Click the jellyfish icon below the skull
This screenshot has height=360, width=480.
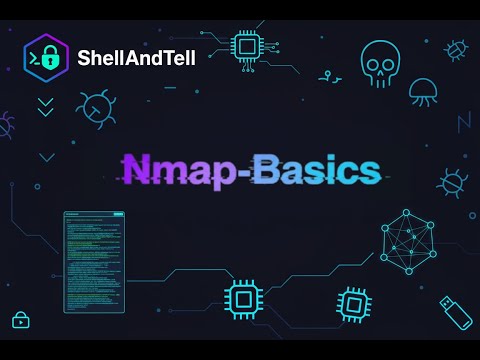coord(423,91)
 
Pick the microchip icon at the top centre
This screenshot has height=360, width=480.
coord(247,46)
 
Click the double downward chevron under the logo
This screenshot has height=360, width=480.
coord(45,107)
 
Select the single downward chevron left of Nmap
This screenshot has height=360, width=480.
coord(46,157)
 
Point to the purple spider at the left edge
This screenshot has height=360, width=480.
coord(5,125)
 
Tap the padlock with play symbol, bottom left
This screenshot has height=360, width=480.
coord(20,320)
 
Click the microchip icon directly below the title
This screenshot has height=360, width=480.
coord(241,298)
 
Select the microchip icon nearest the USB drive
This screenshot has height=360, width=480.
coord(352,302)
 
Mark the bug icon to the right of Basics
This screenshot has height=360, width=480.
coord(452,182)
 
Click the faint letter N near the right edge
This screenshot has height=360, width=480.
coord(463,122)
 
